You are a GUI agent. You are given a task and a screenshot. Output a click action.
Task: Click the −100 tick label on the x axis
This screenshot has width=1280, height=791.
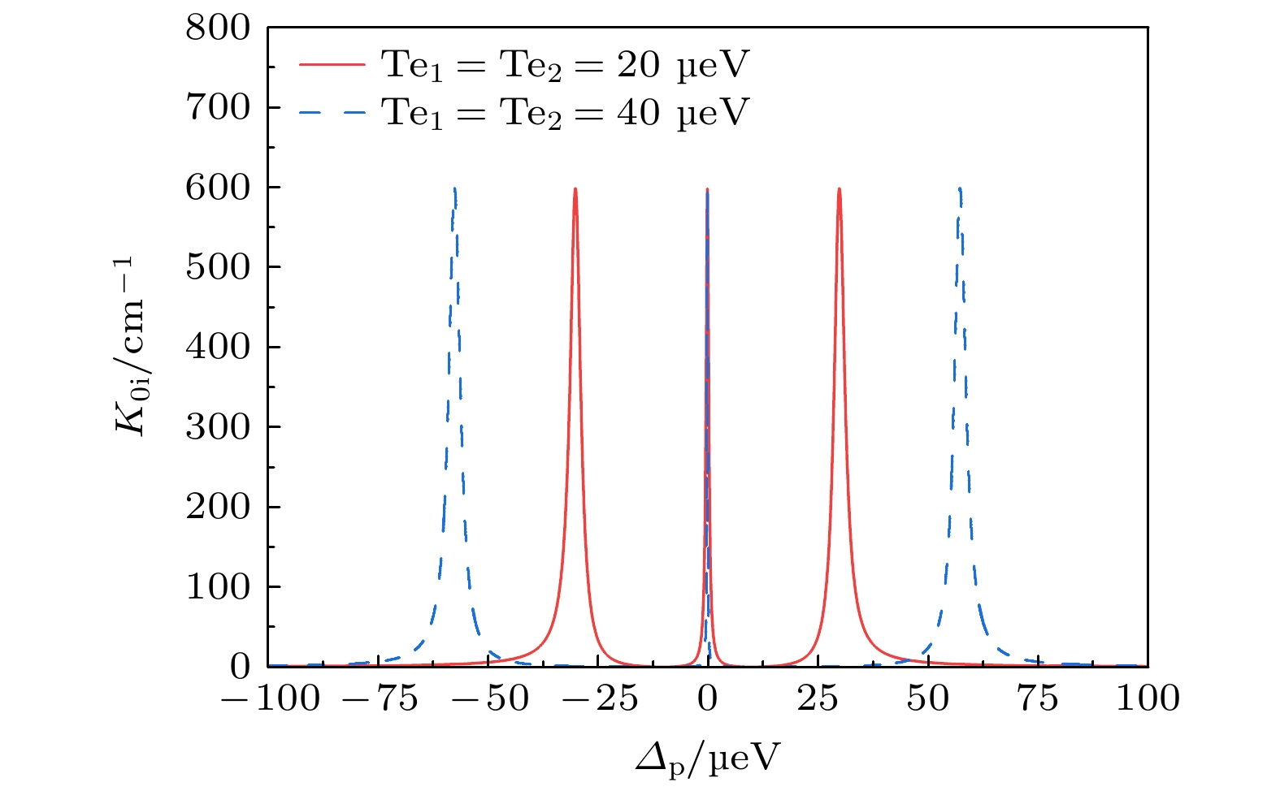(269, 698)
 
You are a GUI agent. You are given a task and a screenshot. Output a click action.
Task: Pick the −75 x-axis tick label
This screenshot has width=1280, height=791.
(378, 698)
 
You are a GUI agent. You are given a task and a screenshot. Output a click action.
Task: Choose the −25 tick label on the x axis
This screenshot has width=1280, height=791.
(597, 698)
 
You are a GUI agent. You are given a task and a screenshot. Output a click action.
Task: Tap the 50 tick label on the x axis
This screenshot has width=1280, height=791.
(927, 698)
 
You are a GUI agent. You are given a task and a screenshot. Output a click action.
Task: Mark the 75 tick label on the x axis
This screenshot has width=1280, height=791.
(1038, 698)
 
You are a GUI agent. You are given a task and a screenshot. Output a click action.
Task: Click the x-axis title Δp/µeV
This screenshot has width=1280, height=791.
(707, 759)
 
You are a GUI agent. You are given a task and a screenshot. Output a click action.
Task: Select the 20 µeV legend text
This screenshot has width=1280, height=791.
(565, 65)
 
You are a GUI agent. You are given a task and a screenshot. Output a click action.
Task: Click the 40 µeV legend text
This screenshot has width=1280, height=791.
(565, 112)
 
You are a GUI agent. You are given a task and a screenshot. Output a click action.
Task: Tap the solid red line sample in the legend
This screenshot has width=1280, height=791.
(332, 65)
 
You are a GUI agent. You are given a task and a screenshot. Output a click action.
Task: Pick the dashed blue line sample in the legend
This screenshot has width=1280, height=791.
(332, 112)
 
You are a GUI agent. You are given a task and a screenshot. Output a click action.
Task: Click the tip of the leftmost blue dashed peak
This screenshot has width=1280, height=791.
(454, 188)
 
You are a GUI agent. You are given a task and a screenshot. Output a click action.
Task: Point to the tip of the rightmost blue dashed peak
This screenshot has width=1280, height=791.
(960, 188)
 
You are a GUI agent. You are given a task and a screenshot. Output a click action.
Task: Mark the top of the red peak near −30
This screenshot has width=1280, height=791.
(575, 189)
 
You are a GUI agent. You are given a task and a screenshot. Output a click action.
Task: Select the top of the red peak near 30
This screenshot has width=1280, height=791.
(839, 189)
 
